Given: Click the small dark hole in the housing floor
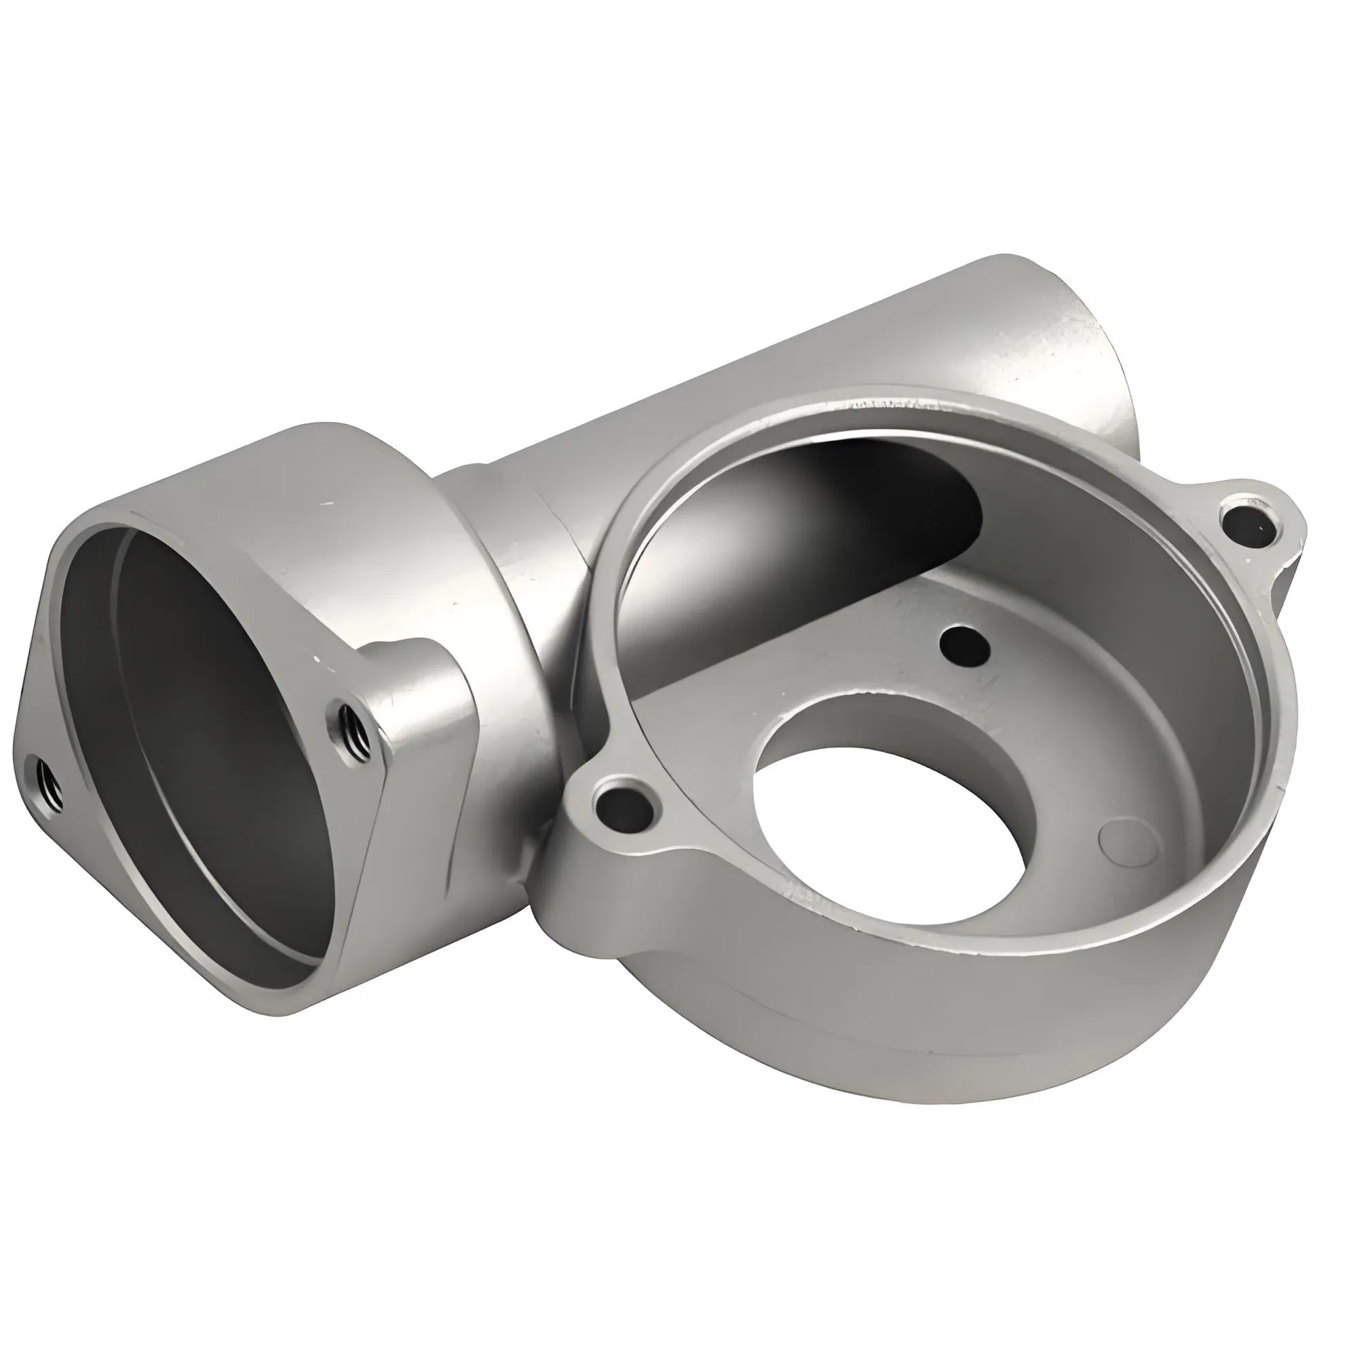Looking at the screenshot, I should pos(963,641).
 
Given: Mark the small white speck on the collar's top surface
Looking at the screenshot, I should pos(327,503).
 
